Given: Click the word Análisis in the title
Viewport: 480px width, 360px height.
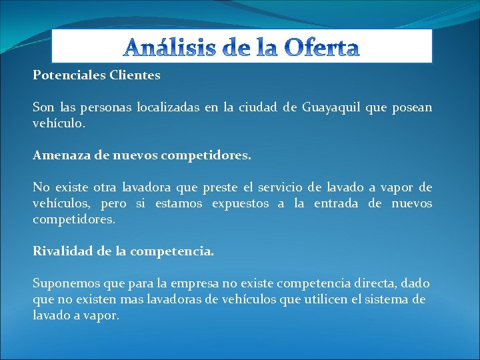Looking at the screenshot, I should [x=163, y=48].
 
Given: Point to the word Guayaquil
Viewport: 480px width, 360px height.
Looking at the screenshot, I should [x=329, y=107].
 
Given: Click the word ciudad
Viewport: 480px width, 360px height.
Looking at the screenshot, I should [x=257, y=107].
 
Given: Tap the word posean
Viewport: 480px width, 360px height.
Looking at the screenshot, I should [x=411, y=107].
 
